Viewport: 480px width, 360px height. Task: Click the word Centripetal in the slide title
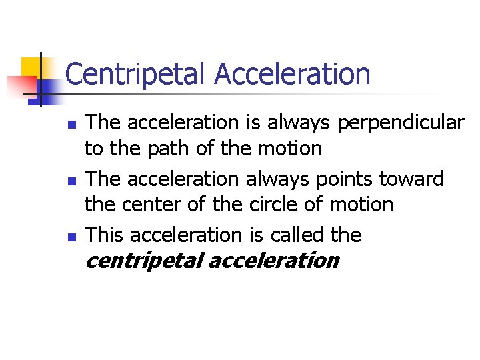coord(137,74)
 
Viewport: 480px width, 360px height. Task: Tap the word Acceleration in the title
coord(292,74)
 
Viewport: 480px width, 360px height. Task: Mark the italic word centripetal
coord(145,261)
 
